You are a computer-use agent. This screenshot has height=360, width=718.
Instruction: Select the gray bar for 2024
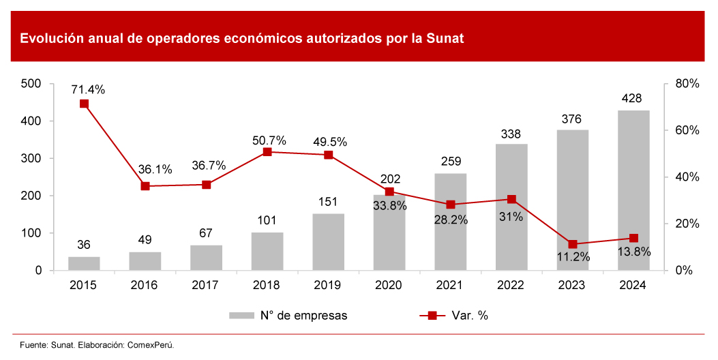[633, 190]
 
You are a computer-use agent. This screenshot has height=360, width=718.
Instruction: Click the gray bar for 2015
[84, 263]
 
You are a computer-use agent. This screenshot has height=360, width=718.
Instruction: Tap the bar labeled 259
[450, 222]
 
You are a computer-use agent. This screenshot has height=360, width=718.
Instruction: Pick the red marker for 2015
[84, 104]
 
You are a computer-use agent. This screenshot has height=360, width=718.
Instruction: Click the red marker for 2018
[267, 152]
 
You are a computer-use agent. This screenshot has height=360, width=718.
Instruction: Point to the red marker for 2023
[573, 244]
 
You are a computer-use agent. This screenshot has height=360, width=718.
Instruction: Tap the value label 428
[633, 99]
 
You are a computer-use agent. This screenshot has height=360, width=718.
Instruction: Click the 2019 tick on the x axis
[328, 285]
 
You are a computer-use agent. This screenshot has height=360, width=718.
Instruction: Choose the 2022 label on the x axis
[511, 285]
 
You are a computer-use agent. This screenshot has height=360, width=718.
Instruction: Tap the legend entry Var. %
[469, 316]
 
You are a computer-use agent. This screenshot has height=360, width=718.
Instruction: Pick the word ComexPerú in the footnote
[151, 345]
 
